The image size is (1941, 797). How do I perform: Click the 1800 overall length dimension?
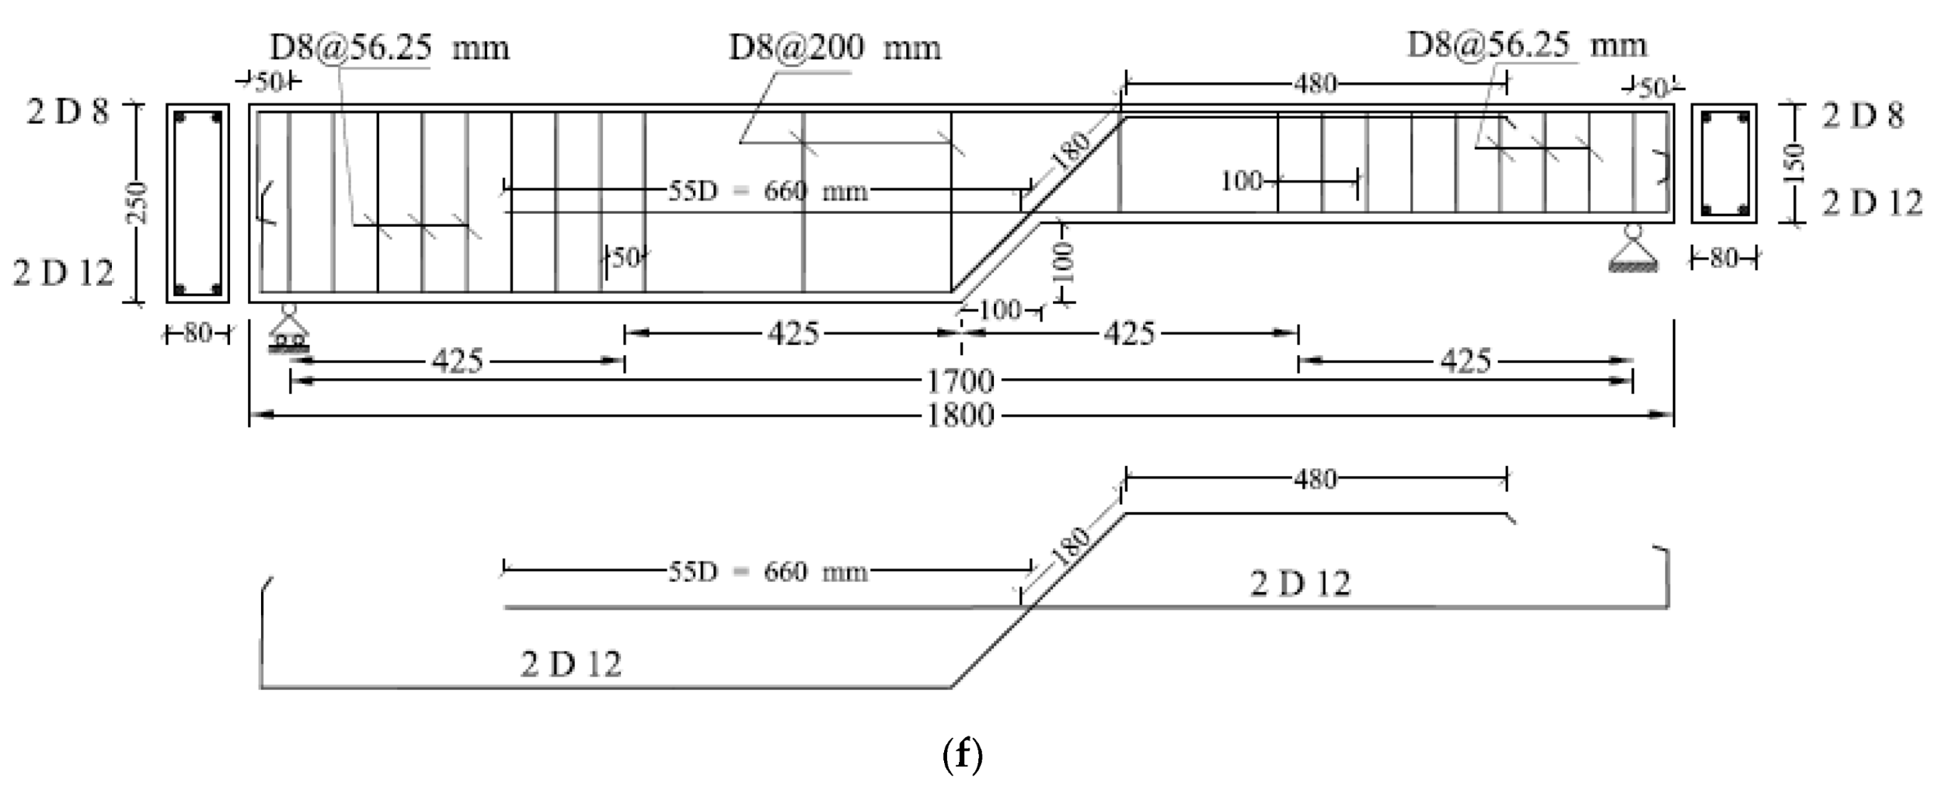click(x=960, y=416)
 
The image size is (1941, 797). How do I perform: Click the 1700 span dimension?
click(x=960, y=381)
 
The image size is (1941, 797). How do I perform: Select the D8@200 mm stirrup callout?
click(x=834, y=48)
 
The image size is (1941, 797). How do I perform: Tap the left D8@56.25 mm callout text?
click(x=389, y=48)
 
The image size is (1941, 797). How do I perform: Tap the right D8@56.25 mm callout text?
click(x=1526, y=45)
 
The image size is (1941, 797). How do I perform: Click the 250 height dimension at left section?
click(x=137, y=202)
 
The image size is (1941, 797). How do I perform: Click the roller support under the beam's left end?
click(x=288, y=331)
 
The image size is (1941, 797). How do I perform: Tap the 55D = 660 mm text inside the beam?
click(x=767, y=190)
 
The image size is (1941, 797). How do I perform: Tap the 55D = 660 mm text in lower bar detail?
click(x=767, y=572)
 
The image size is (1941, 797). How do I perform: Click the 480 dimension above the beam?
click(x=1315, y=83)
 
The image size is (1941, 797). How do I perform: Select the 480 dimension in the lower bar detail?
click(x=1315, y=479)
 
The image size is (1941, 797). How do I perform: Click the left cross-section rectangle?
click(x=197, y=203)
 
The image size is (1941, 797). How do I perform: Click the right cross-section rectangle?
click(x=1723, y=164)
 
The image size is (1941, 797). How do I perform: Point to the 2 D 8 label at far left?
click(x=68, y=113)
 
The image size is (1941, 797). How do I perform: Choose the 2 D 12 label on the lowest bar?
click(x=571, y=664)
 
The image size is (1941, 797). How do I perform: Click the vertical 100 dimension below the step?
click(x=1065, y=263)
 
